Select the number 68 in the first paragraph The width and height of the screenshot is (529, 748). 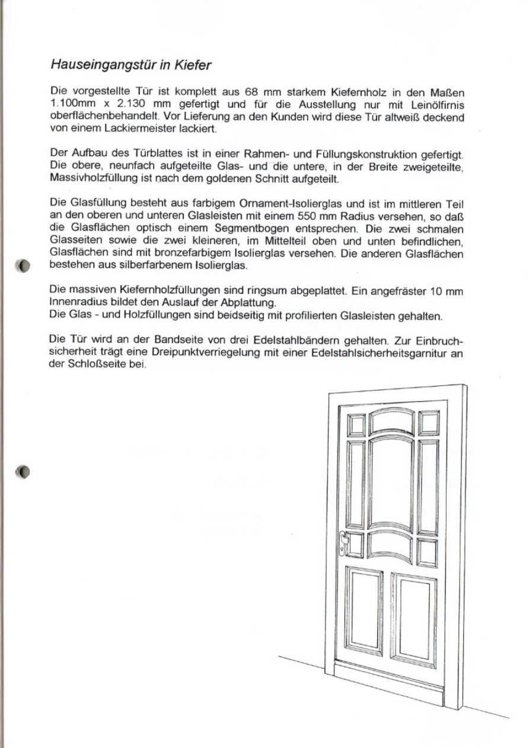click(x=250, y=92)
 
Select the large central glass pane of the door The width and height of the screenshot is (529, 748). click(x=390, y=483)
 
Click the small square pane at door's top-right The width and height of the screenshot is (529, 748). click(x=429, y=423)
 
